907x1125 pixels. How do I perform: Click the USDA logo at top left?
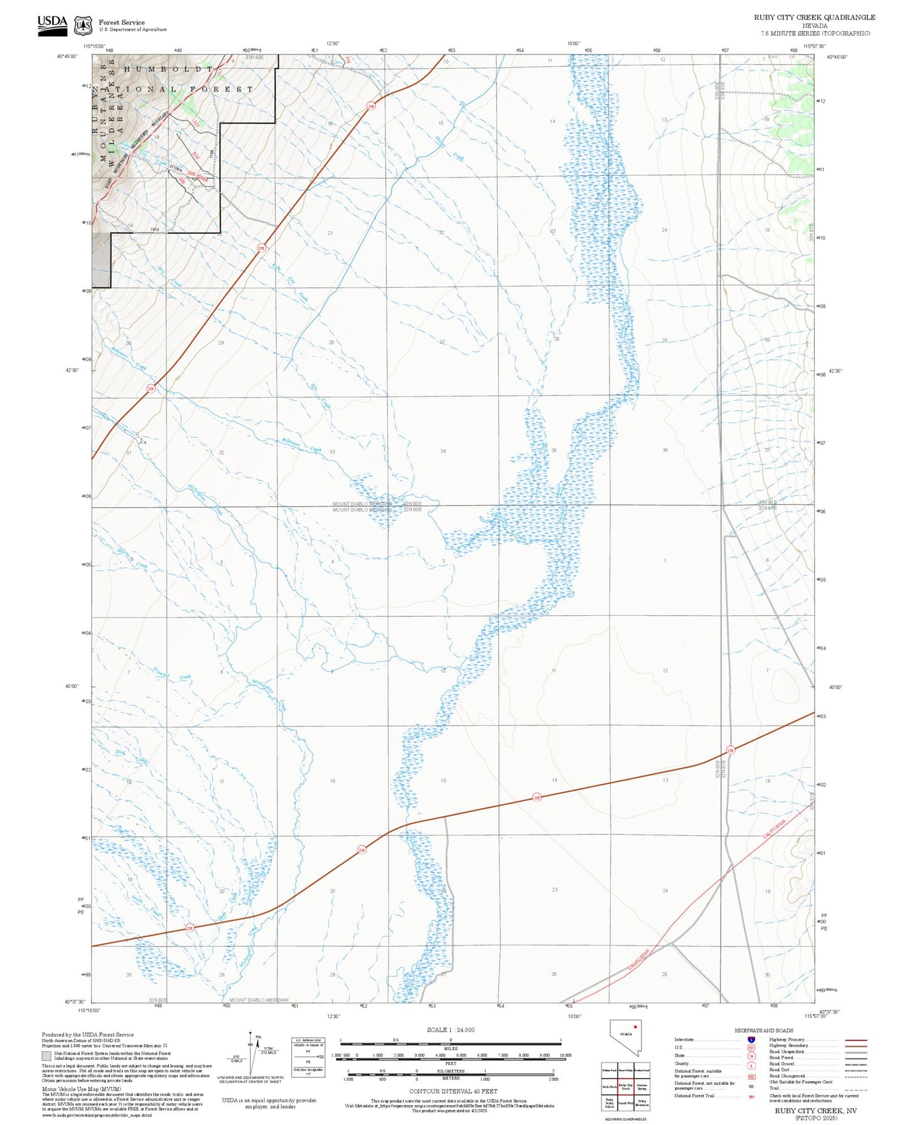click(x=52, y=24)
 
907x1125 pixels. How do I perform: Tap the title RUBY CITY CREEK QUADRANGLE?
click(x=814, y=17)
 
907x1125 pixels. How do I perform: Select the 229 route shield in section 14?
click(x=537, y=797)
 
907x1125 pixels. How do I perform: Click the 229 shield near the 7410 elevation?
click(x=261, y=248)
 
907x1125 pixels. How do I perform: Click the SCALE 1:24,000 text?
click(x=451, y=1030)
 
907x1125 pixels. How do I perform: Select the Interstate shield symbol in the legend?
click(x=751, y=1040)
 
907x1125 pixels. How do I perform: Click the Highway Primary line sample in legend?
click(x=856, y=1040)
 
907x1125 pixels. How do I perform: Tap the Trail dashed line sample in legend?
click(x=856, y=1090)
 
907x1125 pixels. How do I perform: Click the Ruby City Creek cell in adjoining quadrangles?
click(x=625, y=1086)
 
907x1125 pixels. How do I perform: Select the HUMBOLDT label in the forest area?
click(x=168, y=69)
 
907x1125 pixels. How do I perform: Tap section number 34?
click(x=443, y=451)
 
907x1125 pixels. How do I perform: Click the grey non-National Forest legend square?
click(x=46, y=1055)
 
